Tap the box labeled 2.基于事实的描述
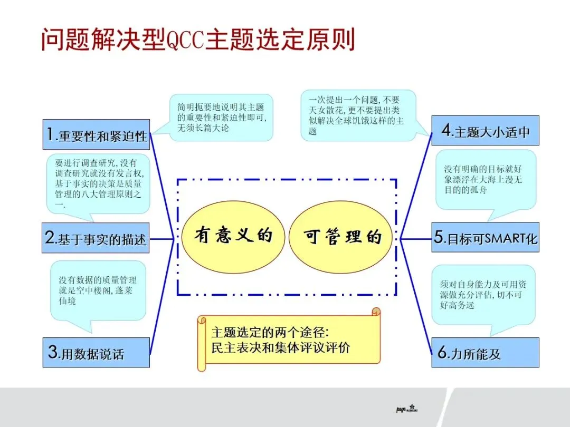95,238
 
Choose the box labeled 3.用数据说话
96,352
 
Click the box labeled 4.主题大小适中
485,131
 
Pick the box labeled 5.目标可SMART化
485,237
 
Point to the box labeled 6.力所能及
485,352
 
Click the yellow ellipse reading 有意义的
233,236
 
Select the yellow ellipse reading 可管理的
342,236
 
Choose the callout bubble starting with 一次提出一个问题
358,115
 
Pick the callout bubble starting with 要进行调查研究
98,183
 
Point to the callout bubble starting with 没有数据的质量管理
99,290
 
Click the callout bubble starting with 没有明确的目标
485,179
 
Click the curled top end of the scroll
376,313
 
